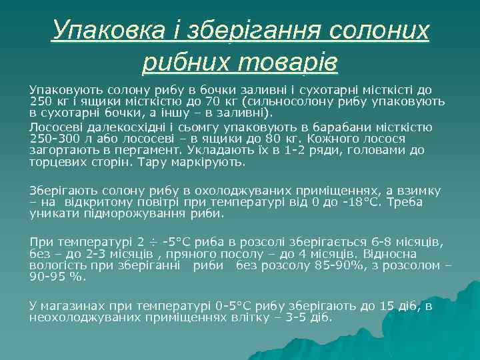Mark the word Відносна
coord(393,254)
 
